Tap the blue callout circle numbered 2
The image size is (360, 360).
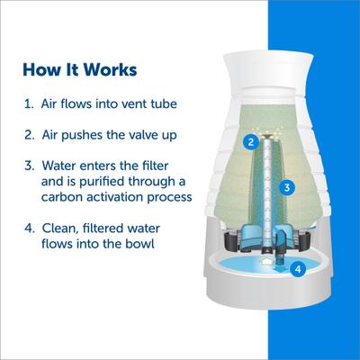click(252, 141)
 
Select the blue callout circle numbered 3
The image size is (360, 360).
click(285, 187)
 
